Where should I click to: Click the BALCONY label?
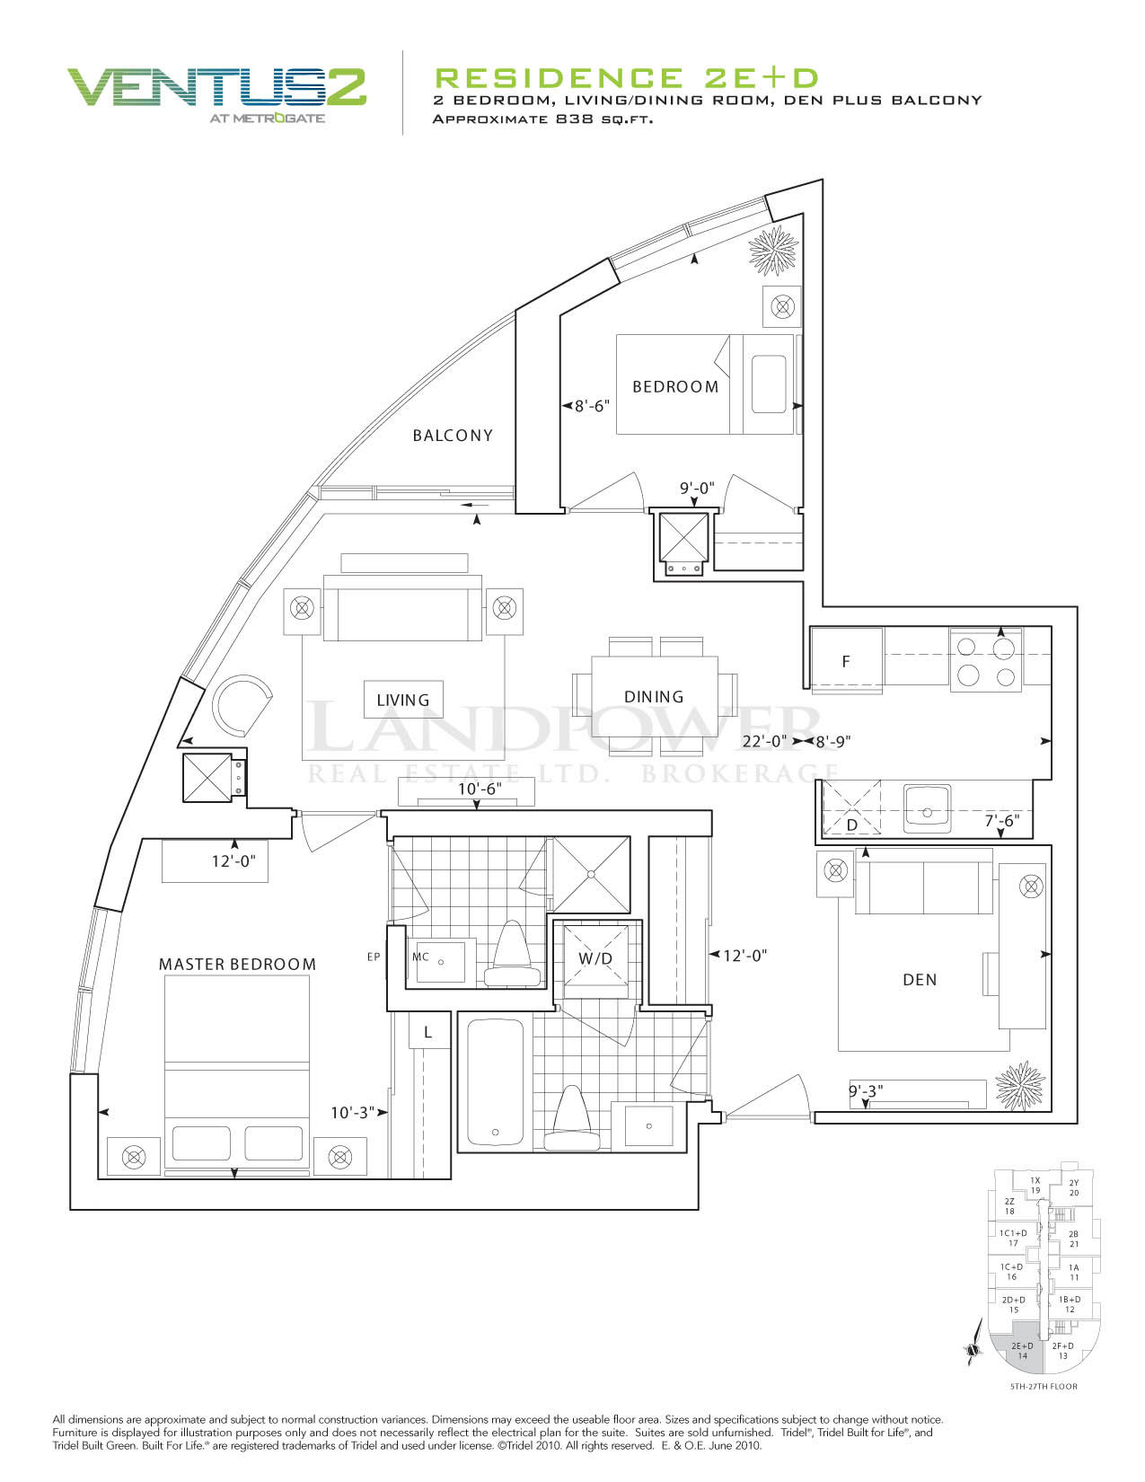[x=452, y=435]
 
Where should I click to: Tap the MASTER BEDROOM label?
[x=237, y=964]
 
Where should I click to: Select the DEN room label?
[x=920, y=979]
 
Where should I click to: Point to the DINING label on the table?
[x=653, y=696]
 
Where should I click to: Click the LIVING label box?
[x=403, y=699]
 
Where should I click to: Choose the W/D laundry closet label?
[x=595, y=958]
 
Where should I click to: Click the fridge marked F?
[x=846, y=660]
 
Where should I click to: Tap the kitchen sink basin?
[x=927, y=808]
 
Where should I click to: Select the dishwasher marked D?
[x=851, y=808]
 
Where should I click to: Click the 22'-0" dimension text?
[x=764, y=741]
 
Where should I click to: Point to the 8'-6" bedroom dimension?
[x=592, y=406]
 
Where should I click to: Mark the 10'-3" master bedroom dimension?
[x=353, y=1112]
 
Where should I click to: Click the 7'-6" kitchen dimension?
[x=1002, y=820]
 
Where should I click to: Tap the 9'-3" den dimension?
[x=866, y=1091]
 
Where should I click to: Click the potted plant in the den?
[x=1019, y=1086]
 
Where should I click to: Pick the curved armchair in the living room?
[x=242, y=704]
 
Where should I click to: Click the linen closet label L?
[x=427, y=1032]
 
